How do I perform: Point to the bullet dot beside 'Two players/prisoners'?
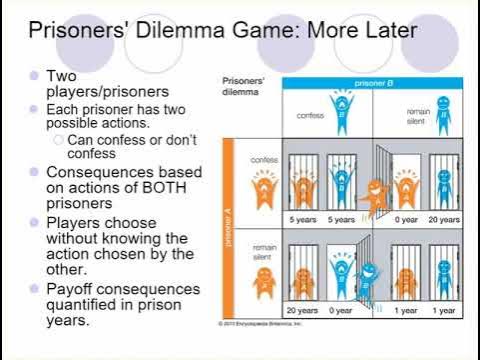pos(35,76)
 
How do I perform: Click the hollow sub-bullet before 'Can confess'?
pos(59,141)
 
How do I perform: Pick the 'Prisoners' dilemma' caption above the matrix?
pos(242,84)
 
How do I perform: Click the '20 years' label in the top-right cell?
pos(445,219)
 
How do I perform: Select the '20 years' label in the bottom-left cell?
pos(301,311)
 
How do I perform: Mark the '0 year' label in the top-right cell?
pos(406,219)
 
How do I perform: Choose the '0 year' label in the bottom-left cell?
pos(342,311)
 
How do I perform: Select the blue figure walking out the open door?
pos(368,279)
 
